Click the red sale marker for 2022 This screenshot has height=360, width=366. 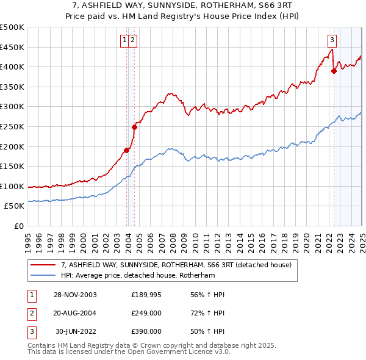[x=334, y=71]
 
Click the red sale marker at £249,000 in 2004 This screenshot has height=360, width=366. [x=135, y=127]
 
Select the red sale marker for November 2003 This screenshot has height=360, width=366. [x=127, y=150]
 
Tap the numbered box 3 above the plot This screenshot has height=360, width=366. [x=332, y=41]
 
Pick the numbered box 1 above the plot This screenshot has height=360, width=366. [x=124, y=41]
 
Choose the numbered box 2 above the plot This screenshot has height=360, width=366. [x=132, y=41]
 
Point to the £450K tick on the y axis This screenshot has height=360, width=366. [x=12, y=48]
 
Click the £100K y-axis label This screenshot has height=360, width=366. [x=12, y=187]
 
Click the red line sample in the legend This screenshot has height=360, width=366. [x=43, y=265]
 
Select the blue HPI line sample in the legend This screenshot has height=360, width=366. [x=43, y=275]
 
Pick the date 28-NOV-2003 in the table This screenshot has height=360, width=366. [x=76, y=295]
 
